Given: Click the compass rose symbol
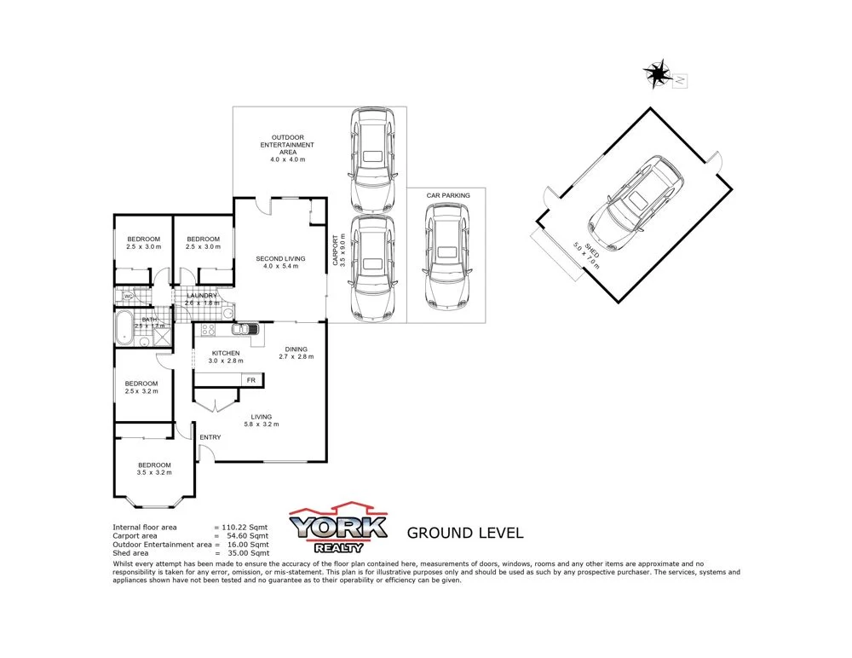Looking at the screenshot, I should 658,74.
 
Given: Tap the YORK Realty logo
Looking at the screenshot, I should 339,527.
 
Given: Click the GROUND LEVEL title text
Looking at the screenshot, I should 465,534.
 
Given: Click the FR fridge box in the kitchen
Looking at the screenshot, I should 250,380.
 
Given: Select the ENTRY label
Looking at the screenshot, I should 210,438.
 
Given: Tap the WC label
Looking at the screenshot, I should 127,296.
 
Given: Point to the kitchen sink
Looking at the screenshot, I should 243,329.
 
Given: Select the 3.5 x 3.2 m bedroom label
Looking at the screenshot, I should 155,469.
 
